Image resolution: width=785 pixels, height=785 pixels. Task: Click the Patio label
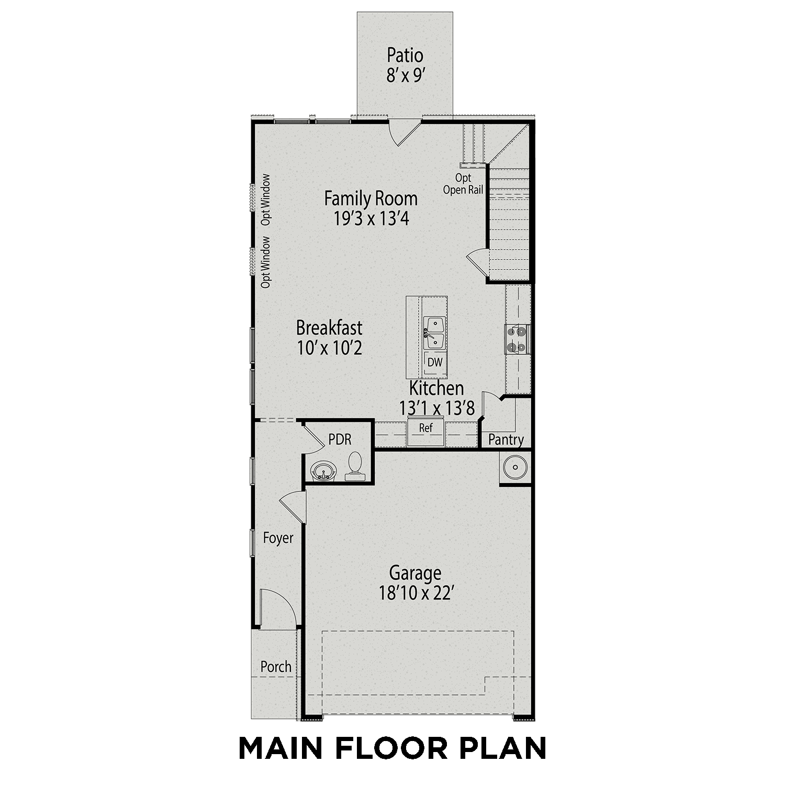tap(405, 55)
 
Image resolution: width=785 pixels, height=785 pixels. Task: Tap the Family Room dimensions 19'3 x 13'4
tap(371, 218)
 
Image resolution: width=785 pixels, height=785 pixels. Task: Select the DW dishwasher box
tap(435, 362)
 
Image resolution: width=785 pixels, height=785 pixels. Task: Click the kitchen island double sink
tap(434, 333)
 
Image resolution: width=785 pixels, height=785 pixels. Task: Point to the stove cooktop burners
tap(517, 339)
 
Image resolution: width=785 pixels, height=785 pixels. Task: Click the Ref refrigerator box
tap(426, 428)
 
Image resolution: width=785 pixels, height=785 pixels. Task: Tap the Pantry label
tap(506, 440)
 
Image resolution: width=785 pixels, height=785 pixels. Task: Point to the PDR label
tap(340, 439)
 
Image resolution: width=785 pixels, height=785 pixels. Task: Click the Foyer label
tap(278, 538)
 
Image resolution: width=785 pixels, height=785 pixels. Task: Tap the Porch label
tap(276, 667)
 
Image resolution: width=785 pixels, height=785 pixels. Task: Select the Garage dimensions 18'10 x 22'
tap(415, 593)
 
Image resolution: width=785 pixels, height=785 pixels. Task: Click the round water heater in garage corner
tap(515, 467)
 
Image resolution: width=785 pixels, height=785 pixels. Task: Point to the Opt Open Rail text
tap(463, 184)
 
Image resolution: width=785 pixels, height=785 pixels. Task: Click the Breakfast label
tap(329, 328)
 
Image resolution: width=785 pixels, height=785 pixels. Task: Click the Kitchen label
tap(436, 388)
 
